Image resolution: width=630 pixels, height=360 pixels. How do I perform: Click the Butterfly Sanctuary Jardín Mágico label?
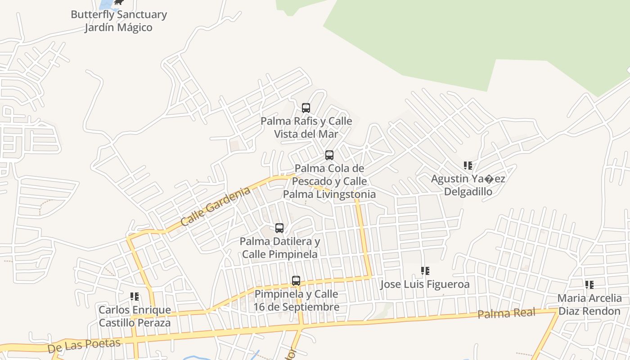(x=119, y=21)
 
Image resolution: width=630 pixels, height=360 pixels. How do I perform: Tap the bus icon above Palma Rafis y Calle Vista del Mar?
(x=306, y=108)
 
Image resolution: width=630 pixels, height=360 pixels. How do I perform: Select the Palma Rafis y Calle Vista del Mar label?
(x=306, y=127)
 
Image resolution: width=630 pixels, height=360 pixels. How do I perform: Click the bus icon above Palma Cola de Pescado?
(x=329, y=155)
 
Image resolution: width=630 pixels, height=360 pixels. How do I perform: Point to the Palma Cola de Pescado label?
(x=329, y=181)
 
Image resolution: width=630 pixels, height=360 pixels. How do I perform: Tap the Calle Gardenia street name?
(x=215, y=207)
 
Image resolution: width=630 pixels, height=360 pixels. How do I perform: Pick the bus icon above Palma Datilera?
(x=279, y=228)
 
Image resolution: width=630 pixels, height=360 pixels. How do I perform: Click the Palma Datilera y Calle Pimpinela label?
(x=280, y=247)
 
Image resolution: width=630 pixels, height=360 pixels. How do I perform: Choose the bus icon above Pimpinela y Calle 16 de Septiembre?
(x=296, y=281)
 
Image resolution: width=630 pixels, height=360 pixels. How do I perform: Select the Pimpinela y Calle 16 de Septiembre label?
(x=296, y=300)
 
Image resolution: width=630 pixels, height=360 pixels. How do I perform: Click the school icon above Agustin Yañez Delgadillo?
(x=468, y=166)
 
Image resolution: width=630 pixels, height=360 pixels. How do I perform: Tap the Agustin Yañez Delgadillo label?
(x=468, y=185)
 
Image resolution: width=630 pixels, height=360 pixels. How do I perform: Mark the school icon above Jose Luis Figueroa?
(x=425, y=271)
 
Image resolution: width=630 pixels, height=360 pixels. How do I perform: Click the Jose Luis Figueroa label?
(x=425, y=284)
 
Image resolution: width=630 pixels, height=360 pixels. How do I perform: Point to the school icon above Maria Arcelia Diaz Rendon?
(x=589, y=284)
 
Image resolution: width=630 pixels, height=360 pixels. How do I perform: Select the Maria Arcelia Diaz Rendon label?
(x=589, y=304)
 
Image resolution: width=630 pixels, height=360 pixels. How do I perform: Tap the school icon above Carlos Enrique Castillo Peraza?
(x=135, y=297)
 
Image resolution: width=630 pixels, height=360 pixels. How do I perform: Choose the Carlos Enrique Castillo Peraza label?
(x=135, y=316)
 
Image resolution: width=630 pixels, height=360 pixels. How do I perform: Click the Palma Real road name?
(x=506, y=313)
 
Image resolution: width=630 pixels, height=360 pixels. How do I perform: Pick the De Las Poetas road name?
(x=84, y=345)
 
